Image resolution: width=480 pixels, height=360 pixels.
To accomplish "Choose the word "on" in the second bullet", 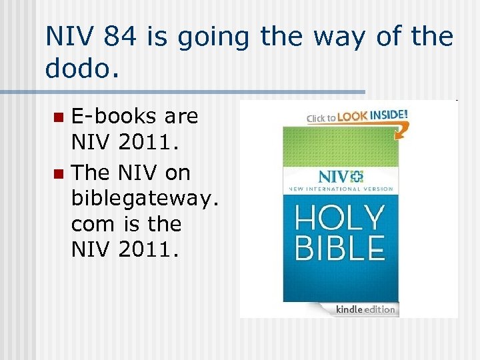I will [177, 173].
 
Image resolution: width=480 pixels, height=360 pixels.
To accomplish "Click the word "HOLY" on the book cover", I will [340, 218].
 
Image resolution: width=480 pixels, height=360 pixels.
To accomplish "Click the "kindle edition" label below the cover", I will [365, 309].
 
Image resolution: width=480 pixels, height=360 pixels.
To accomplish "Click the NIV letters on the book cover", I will [333, 177].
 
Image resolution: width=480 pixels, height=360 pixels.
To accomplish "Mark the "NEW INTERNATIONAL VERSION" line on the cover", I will [340, 190].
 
